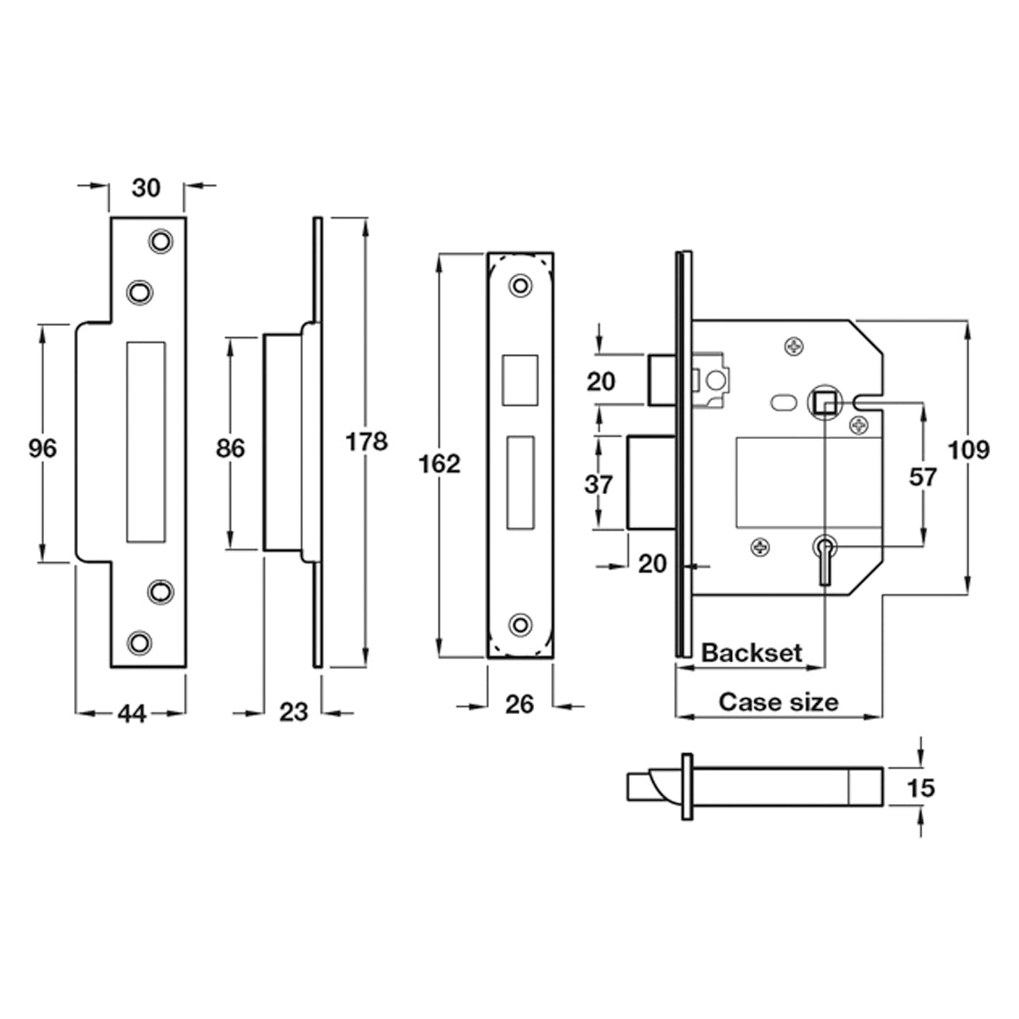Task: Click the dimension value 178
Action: [x=366, y=441]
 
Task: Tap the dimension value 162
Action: [x=439, y=464]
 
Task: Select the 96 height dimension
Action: [x=42, y=448]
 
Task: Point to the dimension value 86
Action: [x=231, y=448]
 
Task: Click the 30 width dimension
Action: [x=146, y=188]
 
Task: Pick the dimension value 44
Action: [x=132, y=714]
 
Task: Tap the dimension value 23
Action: [x=294, y=712]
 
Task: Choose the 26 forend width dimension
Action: [x=520, y=704]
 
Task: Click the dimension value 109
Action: [x=968, y=451]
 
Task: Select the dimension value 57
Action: [x=923, y=477]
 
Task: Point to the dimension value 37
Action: [x=599, y=484]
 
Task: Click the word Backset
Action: [x=752, y=653]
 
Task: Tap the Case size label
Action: [x=779, y=702]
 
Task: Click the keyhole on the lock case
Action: [x=825, y=559]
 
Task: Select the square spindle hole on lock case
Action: [x=824, y=403]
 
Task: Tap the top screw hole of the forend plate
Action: [x=521, y=285]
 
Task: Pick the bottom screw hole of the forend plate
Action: [x=521, y=625]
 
